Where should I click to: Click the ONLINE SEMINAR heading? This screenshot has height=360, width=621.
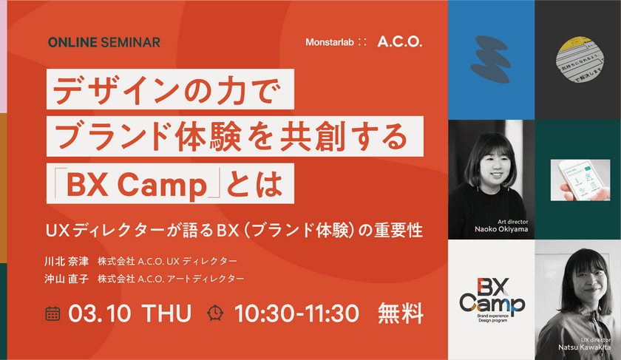(103, 42)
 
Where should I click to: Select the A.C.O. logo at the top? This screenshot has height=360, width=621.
(399, 42)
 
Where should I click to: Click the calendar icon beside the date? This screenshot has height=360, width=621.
(52, 313)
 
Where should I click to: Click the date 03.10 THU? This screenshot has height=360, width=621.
(129, 313)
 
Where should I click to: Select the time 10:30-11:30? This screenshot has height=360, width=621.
(296, 313)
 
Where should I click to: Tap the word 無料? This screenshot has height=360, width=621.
(401, 313)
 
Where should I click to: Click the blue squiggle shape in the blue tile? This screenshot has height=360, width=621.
(490, 58)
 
